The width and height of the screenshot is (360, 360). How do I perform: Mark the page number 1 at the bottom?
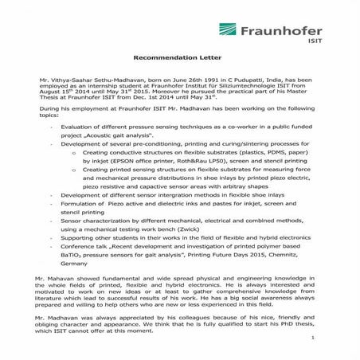pos(337,338)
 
